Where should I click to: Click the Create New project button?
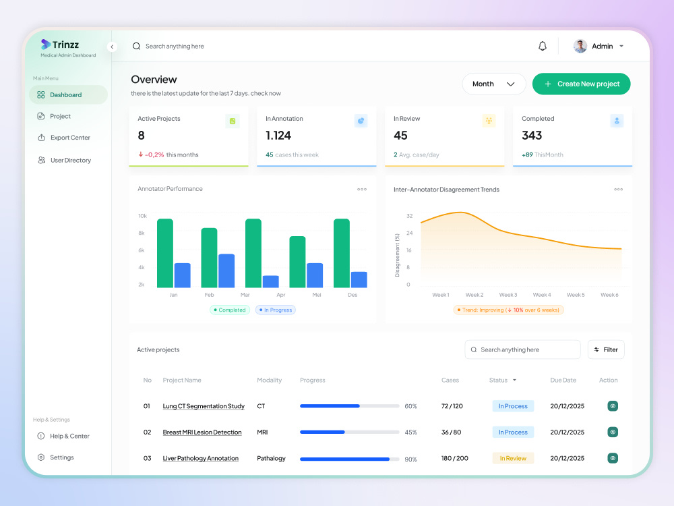tap(581, 84)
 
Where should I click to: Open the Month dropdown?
tap(494, 84)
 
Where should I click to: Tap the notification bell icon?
tap(543, 46)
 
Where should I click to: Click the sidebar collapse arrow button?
tap(112, 47)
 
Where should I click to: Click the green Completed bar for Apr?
tap(297, 262)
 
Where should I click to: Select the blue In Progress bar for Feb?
tap(226, 271)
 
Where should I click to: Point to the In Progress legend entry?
tap(276, 310)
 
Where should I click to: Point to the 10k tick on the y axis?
tap(142, 216)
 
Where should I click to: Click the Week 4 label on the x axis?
tap(542, 295)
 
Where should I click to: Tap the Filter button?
tap(606, 349)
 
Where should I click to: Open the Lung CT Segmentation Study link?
tap(204, 406)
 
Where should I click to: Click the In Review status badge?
tap(513, 458)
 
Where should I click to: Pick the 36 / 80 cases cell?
tap(452, 432)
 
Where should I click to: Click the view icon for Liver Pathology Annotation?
tap(613, 458)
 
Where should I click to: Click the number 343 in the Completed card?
tap(532, 136)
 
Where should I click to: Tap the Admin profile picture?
tap(580, 46)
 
